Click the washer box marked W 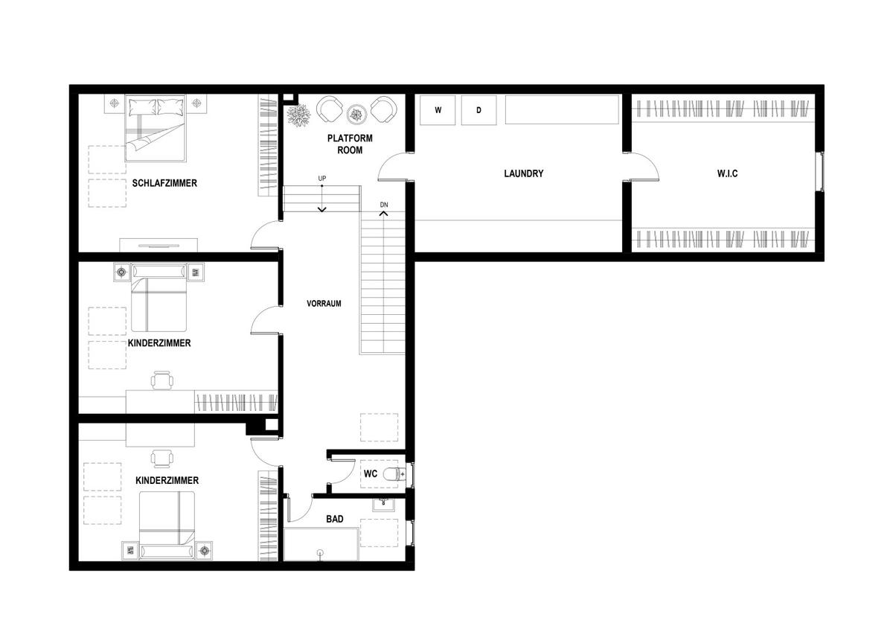click(438, 110)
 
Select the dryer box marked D click(478, 110)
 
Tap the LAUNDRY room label click(523, 173)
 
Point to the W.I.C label click(727, 173)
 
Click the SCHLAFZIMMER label click(164, 183)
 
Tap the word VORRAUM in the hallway click(324, 304)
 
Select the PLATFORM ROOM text click(350, 144)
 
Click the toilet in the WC click(394, 473)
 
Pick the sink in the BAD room click(383, 504)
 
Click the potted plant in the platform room click(298, 115)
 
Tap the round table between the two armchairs click(356, 115)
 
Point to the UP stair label click(321, 178)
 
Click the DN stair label click(383, 205)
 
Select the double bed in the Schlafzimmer click(156, 127)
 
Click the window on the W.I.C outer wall click(821, 171)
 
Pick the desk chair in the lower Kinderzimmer click(162, 459)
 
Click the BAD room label click(334, 519)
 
